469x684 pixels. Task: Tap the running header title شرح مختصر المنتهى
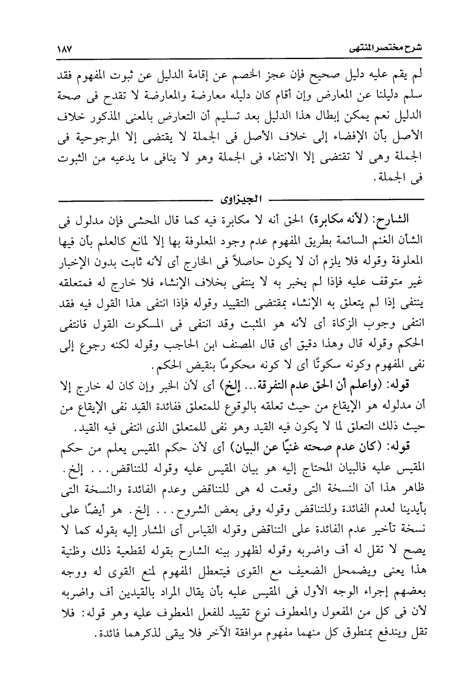[381, 50]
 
